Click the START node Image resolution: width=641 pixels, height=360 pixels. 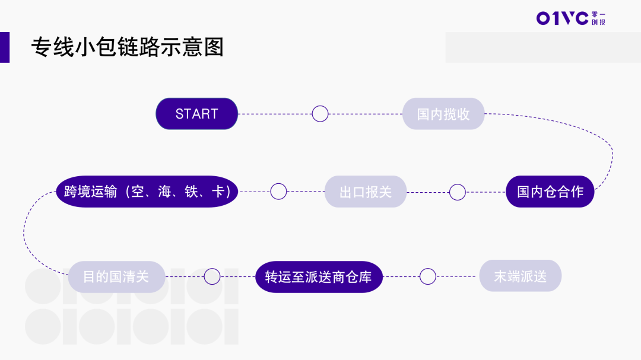point(196,114)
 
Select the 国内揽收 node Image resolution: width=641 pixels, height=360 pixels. point(443,114)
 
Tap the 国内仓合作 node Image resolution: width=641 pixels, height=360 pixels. point(550,192)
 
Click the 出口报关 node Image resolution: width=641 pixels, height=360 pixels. point(366,192)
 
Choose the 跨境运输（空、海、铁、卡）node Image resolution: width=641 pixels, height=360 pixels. point(147,192)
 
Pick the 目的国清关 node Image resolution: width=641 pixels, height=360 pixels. point(116,276)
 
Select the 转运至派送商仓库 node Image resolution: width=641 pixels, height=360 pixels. point(319,276)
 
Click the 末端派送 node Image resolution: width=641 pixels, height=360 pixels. point(520,276)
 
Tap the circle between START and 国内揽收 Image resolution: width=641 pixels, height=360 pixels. point(320,114)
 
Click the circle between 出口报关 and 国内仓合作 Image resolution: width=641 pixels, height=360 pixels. point(457,192)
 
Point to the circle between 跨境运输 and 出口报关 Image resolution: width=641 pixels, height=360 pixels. point(278,192)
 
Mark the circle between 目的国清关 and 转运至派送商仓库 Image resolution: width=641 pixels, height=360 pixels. point(212,276)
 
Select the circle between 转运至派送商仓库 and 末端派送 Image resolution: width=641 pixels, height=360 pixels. point(427,276)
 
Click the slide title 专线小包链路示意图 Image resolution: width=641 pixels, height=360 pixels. point(128,47)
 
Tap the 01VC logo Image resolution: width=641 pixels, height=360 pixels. point(562,18)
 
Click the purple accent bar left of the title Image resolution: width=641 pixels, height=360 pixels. point(5,47)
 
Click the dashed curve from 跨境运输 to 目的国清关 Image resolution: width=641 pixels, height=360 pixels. point(25,234)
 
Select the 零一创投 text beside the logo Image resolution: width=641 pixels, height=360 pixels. point(599,18)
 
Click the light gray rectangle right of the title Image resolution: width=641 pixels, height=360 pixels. point(543,47)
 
